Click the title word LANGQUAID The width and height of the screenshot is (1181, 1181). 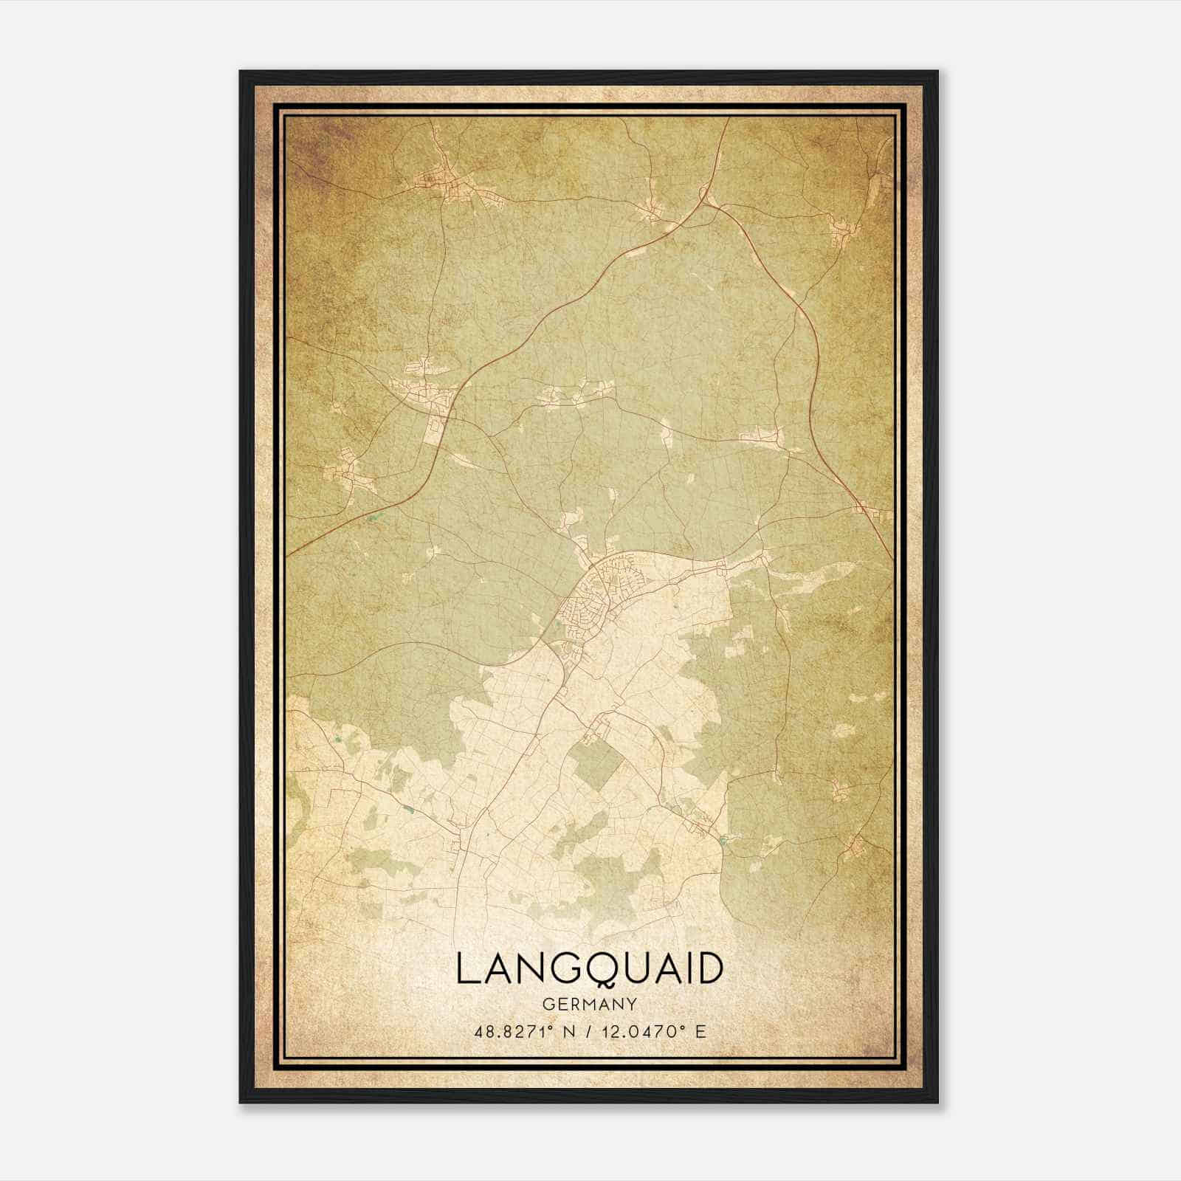tap(589, 968)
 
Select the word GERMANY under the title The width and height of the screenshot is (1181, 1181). tap(590, 1004)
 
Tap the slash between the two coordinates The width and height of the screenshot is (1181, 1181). tap(588, 1030)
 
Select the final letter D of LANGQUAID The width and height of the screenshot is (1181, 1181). tap(709, 968)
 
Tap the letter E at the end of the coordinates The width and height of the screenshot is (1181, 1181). tap(700, 1030)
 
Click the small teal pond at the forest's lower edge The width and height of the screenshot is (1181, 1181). tap(722, 840)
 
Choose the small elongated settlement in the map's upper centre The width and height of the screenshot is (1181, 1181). tap(576, 395)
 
